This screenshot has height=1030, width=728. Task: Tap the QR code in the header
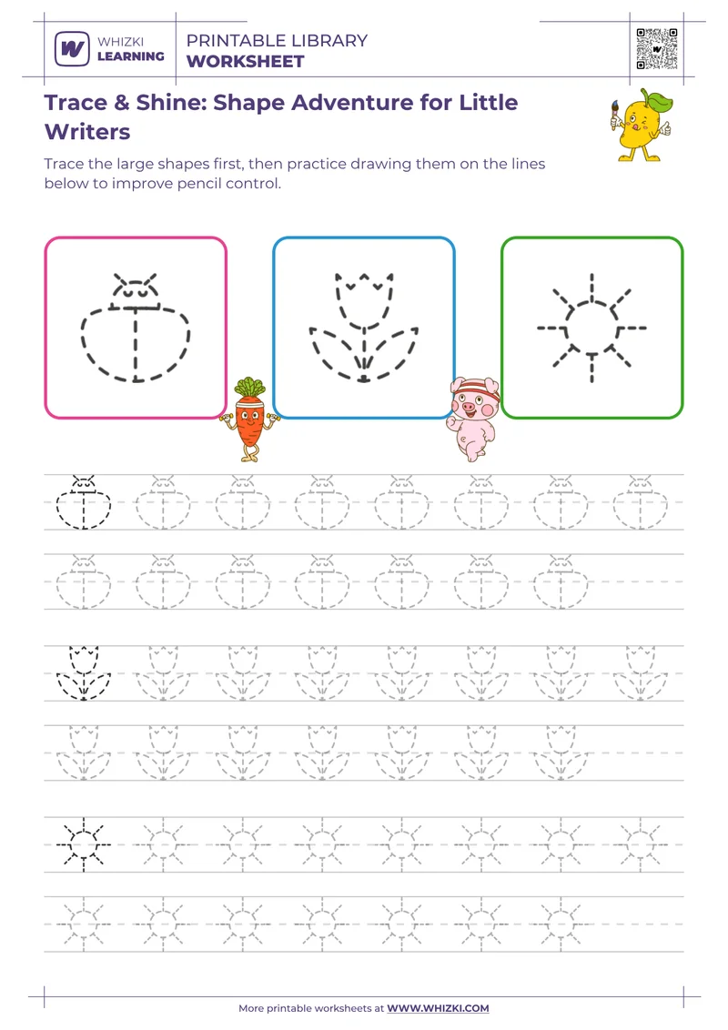pyautogui.click(x=657, y=49)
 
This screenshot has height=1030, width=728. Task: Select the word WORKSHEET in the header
pyautogui.click(x=245, y=62)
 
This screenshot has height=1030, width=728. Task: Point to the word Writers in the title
pyautogui.click(x=87, y=132)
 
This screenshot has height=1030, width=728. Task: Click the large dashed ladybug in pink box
pyautogui.click(x=136, y=327)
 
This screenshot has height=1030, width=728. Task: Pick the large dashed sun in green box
pyautogui.click(x=591, y=327)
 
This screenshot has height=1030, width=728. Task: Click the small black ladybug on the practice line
pyautogui.click(x=84, y=501)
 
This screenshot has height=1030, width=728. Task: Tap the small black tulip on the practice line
pyautogui.click(x=84, y=673)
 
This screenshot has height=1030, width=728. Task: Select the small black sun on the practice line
pyautogui.click(x=84, y=843)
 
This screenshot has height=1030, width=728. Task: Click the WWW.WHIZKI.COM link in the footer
pyautogui.click(x=438, y=1008)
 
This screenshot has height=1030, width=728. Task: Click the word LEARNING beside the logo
pyautogui.click(x=131, y=56)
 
